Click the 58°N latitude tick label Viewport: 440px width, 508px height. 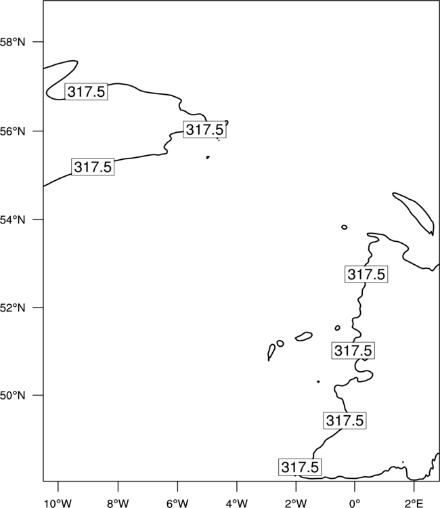click(12, 42)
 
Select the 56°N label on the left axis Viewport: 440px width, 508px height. click(12, 131)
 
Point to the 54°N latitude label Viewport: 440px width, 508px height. click(12, 220)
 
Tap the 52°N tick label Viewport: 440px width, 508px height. click(12, 308)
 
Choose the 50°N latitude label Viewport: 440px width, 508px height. click(12, 396)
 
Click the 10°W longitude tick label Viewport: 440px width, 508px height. click(58, 503)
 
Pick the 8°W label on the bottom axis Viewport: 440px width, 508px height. click(118, 503)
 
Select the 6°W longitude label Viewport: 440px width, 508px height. click(177, 503)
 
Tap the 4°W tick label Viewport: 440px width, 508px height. click(237, 503)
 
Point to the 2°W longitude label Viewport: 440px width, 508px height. click(296, 503)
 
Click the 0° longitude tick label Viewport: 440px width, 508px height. click(355, 503)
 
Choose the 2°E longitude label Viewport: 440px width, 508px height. click(414, 503)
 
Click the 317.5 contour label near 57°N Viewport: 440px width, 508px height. click(86, 91)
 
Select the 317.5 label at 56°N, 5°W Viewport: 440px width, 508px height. click(204, 129)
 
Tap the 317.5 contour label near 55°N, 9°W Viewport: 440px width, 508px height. click(93, 167)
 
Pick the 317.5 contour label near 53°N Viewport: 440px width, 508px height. click(366, 274)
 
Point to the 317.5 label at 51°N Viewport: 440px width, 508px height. click(353, 350)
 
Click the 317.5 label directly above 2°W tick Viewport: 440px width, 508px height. click(300, 467)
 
